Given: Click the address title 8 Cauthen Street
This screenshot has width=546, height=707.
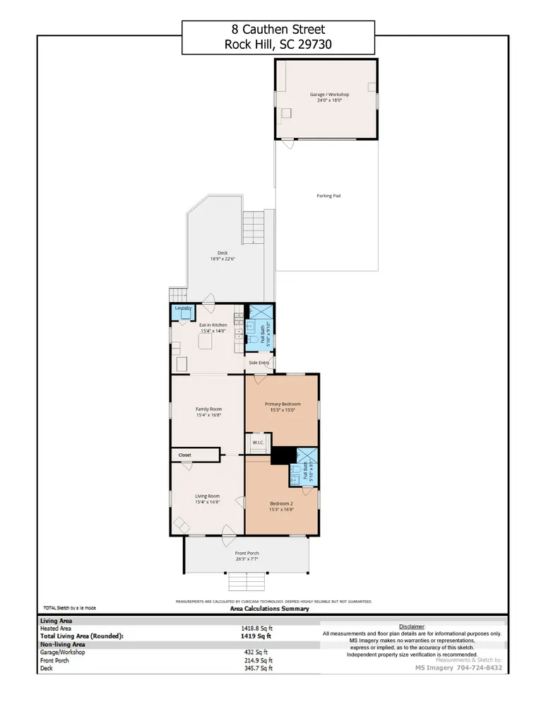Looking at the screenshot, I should point(278,30).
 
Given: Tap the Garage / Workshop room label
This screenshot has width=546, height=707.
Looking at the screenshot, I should point(329,95).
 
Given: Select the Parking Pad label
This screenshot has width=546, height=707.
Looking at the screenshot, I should point(328,196).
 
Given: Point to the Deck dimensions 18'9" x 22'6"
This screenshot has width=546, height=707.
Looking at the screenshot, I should point(222,259).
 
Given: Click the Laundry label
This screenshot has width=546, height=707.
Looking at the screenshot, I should point(183,308).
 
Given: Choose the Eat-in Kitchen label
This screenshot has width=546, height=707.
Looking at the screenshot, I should point(213,325).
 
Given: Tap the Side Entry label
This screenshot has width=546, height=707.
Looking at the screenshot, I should point(259,363).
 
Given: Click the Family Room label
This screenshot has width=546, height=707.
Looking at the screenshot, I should point(208,409).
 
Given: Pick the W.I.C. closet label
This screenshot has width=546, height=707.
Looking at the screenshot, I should point(258,443).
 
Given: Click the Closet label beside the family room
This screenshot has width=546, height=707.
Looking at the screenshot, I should point(184,455).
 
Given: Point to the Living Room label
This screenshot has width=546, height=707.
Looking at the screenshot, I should point(208,496).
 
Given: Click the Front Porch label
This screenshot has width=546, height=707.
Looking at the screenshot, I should point(247,553).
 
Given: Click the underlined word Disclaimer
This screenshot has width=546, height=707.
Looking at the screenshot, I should point(412,626).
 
